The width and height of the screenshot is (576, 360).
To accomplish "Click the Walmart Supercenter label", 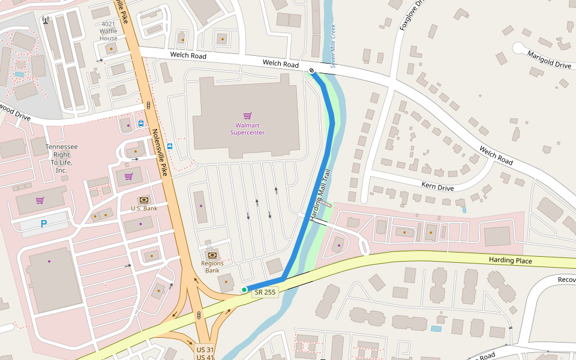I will [x=247, y=129].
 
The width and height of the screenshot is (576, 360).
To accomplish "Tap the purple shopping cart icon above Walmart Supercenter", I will [x=247, y=116].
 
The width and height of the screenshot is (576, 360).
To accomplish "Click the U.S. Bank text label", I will [x=144, y=208].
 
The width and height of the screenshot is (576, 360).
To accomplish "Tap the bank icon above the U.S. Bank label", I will [x=144, y=200].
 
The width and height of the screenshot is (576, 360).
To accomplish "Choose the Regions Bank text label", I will [x=212, y=266].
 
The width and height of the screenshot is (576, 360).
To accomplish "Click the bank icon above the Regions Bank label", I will [x=212, y=255].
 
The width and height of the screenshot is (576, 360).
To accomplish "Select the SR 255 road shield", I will [x=265, y=292].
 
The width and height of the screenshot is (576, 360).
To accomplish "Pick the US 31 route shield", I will [x=205, y=349].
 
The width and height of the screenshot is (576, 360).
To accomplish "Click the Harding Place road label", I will [x=510, y=260].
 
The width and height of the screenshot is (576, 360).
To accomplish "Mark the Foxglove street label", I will [x=412, y=15].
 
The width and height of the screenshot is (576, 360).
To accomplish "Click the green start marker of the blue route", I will [x=244, y=290].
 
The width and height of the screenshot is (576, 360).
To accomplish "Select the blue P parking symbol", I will [x=44, y=224].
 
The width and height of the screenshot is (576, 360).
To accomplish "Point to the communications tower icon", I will [x=46, y=20].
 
